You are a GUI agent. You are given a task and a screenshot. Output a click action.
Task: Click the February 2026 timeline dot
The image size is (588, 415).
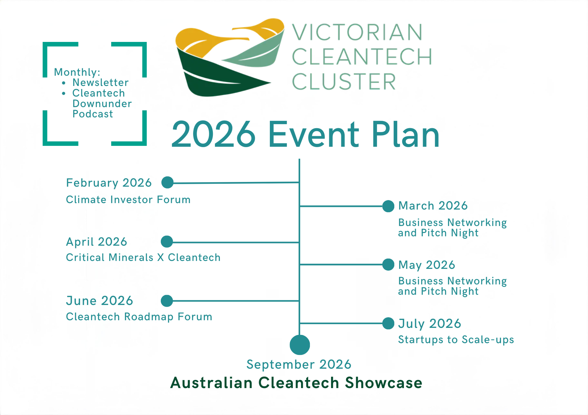[x=168, y=183]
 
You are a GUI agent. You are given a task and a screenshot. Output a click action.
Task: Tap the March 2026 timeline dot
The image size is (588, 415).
[x=388, y=206]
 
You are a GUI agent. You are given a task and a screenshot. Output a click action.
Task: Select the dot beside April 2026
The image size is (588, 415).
[x=167, y=242]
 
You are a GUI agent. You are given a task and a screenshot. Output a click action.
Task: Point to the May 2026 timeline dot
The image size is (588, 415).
[x=388, y=265]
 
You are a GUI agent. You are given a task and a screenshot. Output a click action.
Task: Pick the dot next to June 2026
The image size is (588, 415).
[x=167, y=301]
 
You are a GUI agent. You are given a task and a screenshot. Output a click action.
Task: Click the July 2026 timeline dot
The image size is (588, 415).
[x=388, y=323]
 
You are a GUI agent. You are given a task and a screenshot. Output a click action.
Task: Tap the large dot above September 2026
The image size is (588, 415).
[x=300, y=345]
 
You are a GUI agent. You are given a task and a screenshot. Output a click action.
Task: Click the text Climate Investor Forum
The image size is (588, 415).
[x=128, y=200]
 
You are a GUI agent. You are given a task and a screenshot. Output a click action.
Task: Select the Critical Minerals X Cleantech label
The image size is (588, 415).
[x=143, y=258]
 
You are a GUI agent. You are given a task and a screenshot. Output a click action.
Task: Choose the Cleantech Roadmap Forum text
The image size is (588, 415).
[x=139, y=317]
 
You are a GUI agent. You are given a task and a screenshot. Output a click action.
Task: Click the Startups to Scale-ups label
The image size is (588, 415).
[x=456, y=340]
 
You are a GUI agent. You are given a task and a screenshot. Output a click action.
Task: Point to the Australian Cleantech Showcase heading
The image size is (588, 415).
[x=296, y=383]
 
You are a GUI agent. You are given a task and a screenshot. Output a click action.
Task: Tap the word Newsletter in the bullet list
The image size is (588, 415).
[x=100, y=83]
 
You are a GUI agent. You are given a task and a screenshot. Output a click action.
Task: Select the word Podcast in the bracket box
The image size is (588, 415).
[x=93, y=114]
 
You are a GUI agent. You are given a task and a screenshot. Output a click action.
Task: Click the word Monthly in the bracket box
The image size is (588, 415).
[x=77, y=72]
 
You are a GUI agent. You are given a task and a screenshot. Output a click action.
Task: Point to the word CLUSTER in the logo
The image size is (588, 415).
[x=344, y=82]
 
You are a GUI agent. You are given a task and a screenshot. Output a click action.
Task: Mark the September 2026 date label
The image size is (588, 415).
[x=299, y=365]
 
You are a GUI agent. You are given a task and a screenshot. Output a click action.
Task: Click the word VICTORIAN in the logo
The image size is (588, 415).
[x=357, y=32]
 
